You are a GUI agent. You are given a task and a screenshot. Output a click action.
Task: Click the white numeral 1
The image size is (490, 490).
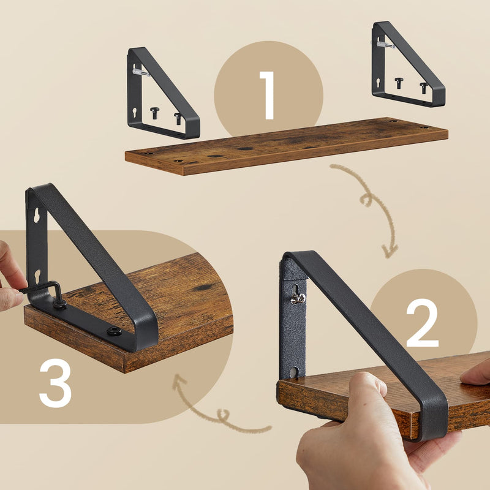tap(268, 95)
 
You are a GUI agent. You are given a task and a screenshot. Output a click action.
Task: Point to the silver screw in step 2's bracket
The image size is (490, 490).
tap(298, 298)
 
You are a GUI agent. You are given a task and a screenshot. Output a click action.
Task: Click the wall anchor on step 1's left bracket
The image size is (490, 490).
tap(140, 72)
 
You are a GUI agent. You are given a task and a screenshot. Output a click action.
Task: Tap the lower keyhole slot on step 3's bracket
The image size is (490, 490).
tap(38, 275)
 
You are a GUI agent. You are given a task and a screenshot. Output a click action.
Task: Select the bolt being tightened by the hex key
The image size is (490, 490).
tap(60, 303)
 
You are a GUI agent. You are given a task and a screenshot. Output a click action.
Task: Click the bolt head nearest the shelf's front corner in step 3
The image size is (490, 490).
tap(113, 331)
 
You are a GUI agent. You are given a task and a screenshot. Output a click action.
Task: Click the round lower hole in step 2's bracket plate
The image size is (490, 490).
tap(294, 372)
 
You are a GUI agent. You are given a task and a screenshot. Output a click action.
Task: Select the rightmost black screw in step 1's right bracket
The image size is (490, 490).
tap(424, 87)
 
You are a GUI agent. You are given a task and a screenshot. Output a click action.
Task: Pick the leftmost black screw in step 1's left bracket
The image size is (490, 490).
tap(154, 112)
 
